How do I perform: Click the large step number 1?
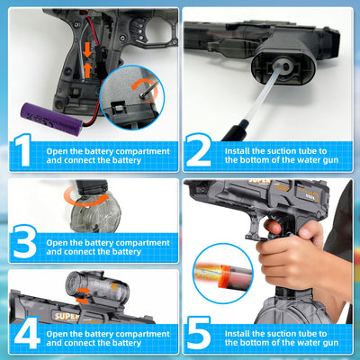point(23,150)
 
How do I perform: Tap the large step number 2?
point(198,150)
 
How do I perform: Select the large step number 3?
point(25,242)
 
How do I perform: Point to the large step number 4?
point(27,333)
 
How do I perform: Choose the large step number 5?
point(199,333)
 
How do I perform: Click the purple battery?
point(51,119)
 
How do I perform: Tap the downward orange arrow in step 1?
point(87,49)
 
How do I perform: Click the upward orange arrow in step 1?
point(87,70)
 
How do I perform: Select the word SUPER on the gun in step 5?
point(260,181)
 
